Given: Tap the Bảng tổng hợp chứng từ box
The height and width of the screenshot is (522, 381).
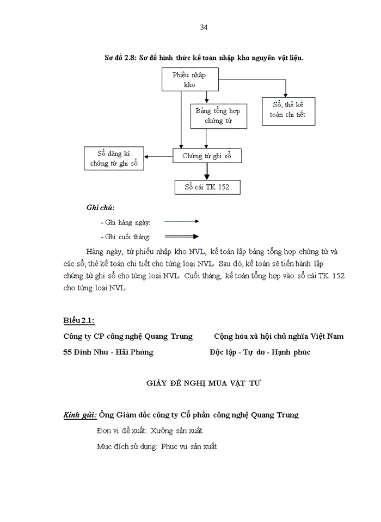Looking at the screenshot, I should click(x=218, y=116).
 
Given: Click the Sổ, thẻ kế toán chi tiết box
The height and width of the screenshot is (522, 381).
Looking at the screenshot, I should click(x=288, y=111).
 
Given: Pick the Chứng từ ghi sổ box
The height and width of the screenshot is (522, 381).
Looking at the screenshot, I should click(x=207, y=156).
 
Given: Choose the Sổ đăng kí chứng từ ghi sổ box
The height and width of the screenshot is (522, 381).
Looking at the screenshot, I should click(x=113, y=158).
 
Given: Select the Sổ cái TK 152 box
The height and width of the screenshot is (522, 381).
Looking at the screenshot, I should click(x=207, y=188).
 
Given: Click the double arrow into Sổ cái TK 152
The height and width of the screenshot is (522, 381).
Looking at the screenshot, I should click(x=207, y=172).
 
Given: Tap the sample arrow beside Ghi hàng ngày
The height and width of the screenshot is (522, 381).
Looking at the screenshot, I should click(x=182, y=221).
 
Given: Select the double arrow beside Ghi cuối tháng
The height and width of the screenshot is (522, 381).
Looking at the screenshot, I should click(x=182, y=237).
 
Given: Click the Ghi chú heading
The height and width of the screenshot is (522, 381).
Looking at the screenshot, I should click(x=100, y=207).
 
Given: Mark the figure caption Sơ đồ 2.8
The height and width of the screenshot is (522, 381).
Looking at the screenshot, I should click(x=204, y=57).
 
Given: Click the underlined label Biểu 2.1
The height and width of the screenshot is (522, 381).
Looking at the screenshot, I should click(x=79, y=320).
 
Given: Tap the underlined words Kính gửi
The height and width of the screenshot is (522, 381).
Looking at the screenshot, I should click(x=80, y=415).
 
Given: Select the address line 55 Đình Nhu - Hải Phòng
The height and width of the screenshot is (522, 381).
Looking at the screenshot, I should click(x=108, y=352).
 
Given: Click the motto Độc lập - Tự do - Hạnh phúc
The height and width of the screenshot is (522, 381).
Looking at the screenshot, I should click(x=260, y=352).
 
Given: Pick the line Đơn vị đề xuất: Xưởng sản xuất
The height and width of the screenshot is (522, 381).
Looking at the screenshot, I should click(x=149, y=431).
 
